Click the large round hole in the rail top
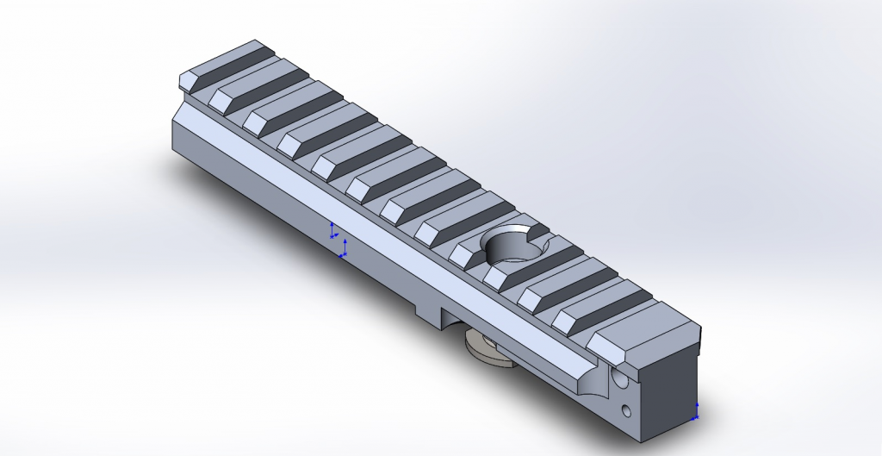point(514,247)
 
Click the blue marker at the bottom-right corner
point(696,411)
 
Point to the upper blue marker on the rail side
point(333,230)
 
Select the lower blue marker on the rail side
point(344,251)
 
